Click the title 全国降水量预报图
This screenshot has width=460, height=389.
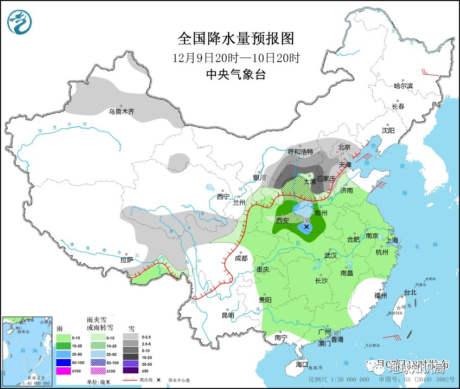[235, 38]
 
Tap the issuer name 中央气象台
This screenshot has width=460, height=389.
[235, 75]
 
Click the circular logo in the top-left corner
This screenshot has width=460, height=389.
[20, 22]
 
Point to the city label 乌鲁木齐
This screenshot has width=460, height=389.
[120, 112]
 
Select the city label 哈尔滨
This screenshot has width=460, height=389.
[403, 86]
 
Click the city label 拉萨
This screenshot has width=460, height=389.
[127, 260]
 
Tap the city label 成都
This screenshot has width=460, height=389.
[241, 258]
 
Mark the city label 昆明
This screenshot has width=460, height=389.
[227, 315]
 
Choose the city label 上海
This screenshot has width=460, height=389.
[391, 240]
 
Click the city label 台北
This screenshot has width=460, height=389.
[410, 292]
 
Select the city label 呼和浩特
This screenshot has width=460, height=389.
[300, 152]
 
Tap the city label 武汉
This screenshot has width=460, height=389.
[331, 255]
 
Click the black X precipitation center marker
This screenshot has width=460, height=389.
[306, 227]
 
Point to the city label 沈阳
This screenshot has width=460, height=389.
[388, 131]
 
